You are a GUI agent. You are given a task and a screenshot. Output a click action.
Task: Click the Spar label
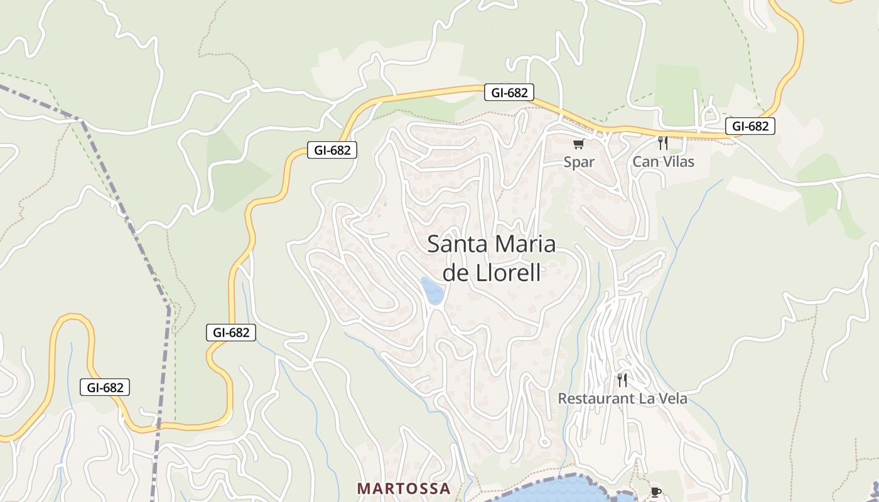(579, 162)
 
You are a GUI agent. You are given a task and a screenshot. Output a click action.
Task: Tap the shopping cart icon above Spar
(579, 144)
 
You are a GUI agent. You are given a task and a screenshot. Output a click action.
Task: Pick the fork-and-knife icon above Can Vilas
(662, 143)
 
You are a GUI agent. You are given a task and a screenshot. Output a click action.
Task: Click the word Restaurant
(595, 398)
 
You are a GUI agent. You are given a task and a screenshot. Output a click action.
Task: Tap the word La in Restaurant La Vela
(647, 398)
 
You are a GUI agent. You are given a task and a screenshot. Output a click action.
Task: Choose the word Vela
(672, 398)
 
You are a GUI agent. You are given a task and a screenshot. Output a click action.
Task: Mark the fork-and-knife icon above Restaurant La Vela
(622, 380)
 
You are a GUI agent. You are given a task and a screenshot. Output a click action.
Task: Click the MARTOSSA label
(404, 489)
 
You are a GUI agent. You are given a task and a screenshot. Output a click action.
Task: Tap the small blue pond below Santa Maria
(433, 291)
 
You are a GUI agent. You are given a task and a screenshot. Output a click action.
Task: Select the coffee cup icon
(655, 493)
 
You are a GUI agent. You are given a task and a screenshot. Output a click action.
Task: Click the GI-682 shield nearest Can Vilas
(750, 126)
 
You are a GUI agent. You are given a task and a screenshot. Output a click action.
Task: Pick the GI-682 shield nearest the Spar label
(509, 93)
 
